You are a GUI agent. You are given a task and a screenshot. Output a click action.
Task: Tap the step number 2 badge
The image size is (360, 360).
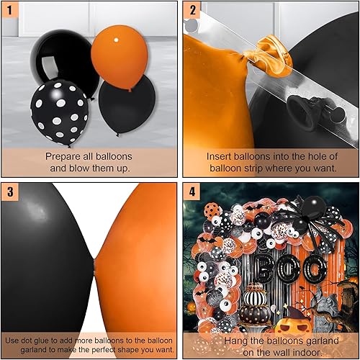pos(192,11)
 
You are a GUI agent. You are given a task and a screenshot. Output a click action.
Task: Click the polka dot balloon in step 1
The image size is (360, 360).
pos(59,111)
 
